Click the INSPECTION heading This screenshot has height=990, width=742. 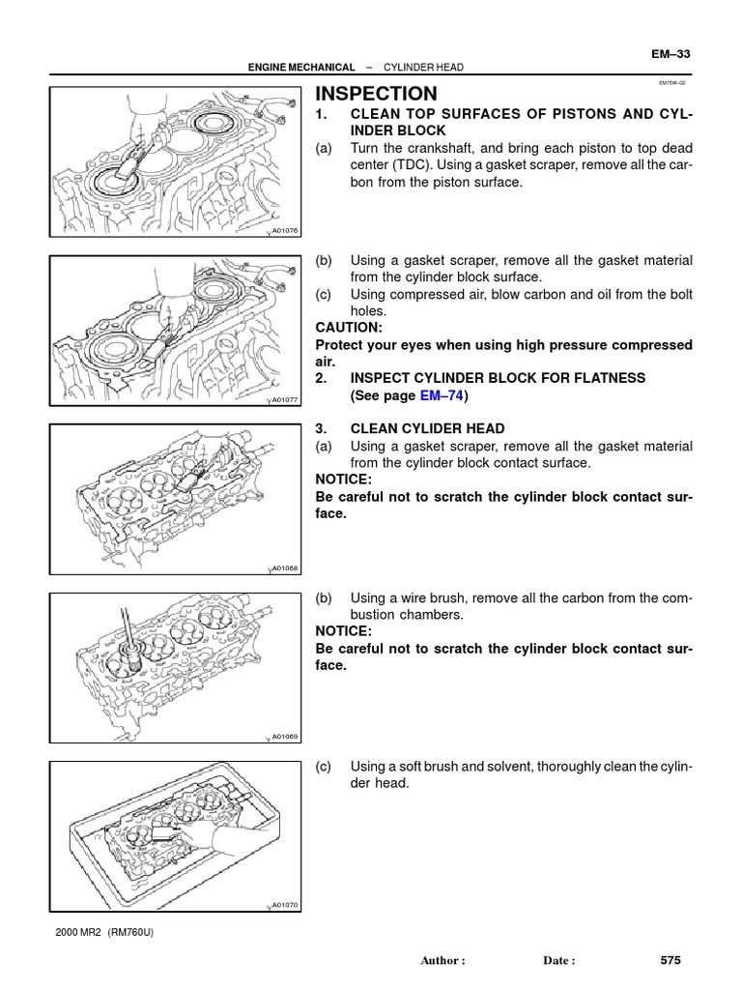click(377, 94)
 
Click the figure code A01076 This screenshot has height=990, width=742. click(285, 230)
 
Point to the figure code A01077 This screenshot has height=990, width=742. click(285, 399)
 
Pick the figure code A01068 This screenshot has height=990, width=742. click(285, 568)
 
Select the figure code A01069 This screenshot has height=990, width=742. click(285, 736)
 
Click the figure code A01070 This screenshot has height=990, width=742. click(285, 905)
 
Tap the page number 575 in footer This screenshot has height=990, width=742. click(671, 960)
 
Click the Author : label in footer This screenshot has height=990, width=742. click(443, 961)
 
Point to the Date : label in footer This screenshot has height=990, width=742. click(559, 961)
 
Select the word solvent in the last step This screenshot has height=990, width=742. click(491, 766)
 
